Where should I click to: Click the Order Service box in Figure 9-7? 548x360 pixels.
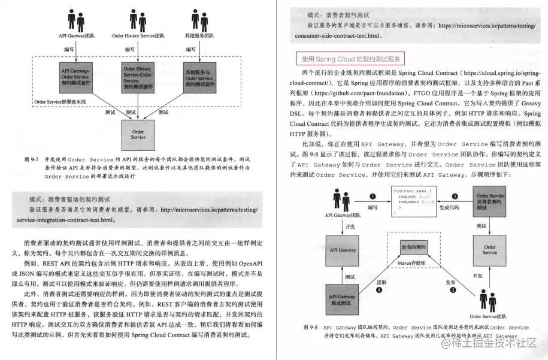pyautogui.click(x=138, y=133)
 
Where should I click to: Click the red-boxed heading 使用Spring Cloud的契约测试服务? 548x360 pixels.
pyautogui.click(x=350, y=59)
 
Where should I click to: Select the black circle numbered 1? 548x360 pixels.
pyautogui.click(x=373, y=196)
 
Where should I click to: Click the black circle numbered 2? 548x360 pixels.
pyautogui.click(x=455, y=196)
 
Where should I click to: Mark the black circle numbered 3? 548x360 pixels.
pyautogui.click(x=453, y=289)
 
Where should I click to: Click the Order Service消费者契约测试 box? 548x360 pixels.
pyautogui.click(x=490, y=202)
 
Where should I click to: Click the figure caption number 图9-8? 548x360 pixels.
pyautogui.click(x=310, y=328)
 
